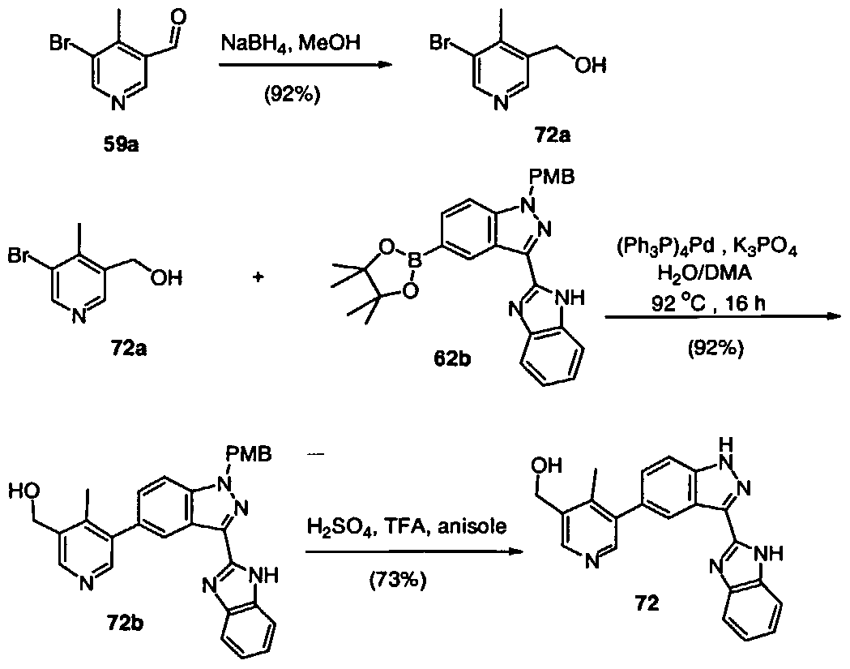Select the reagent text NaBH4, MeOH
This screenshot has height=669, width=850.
pyautogui.click(x=291, y=44)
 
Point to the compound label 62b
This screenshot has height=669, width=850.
pyautogui.click(x=452, y=359)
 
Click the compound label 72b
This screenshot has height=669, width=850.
pyautogui.click(x=126, y=624)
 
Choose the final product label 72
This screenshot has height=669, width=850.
pyautogui.click(x=647, y=603)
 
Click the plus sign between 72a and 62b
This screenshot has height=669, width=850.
pyautogui.click(x=258, y=277)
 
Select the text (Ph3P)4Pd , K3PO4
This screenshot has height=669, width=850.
pyautogui.click(x=707, y=248)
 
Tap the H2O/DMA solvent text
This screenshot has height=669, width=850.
pyautogui.click(x=704, y=273)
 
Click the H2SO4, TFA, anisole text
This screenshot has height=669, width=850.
pyautogui.click(x=407, y=526)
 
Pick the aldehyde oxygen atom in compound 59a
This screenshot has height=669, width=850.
pyautogui.click(x=177, y=17)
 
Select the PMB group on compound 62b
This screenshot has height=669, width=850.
pyautogui.click(x=553, y=177)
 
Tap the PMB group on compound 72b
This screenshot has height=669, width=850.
pyautogui.click(x=250, y=454)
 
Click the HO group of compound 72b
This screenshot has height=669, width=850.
pyautogui.click(x=23, y=491)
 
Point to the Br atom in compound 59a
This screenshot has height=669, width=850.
pyautogui.click(x=60, y=42)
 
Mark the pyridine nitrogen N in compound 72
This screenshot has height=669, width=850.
pyautogui.click(x=592, y=562)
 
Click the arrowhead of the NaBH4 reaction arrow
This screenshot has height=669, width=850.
pyautogui.click(x=385, y=65)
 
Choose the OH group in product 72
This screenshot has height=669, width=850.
pyautogui.click(x=547, y=465)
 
